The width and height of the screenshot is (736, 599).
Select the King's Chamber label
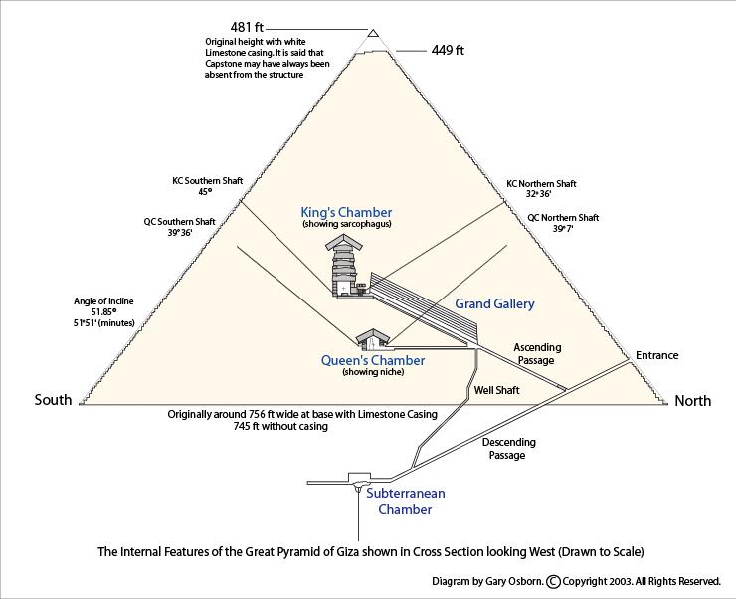coord(346,213)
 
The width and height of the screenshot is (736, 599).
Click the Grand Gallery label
coord(494,303)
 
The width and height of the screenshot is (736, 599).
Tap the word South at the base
coord(53,400)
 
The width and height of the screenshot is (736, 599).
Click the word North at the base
coord(692,401)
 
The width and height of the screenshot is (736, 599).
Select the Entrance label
coord(656,355)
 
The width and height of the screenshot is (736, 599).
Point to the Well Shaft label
coord(496,390)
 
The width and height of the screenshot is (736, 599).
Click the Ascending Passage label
coord(537,354)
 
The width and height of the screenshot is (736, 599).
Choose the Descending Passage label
coord(508,448)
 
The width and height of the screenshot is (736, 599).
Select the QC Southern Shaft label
coord(179,227)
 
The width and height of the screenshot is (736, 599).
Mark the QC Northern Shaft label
coord(562,222)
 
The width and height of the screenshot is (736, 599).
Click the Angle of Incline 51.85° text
coord(103,311)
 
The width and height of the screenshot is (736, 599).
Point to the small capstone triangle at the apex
coord(372,34)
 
